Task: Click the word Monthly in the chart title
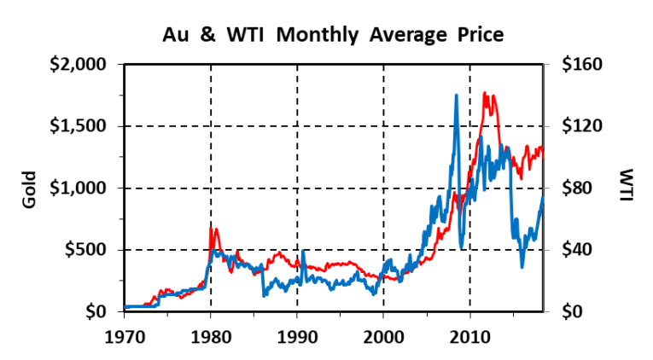pos(311,36)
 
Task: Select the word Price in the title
pos(479,36)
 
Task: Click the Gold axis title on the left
pos(28,189)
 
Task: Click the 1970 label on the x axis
pos(124,334)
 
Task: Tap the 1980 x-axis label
pos(211,334)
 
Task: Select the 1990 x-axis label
pos(297,334)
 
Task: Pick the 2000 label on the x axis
pos(383,334)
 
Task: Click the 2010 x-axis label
pos(470,334)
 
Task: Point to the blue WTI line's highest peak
pos(457,96)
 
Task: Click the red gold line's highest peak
pos(485,93)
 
